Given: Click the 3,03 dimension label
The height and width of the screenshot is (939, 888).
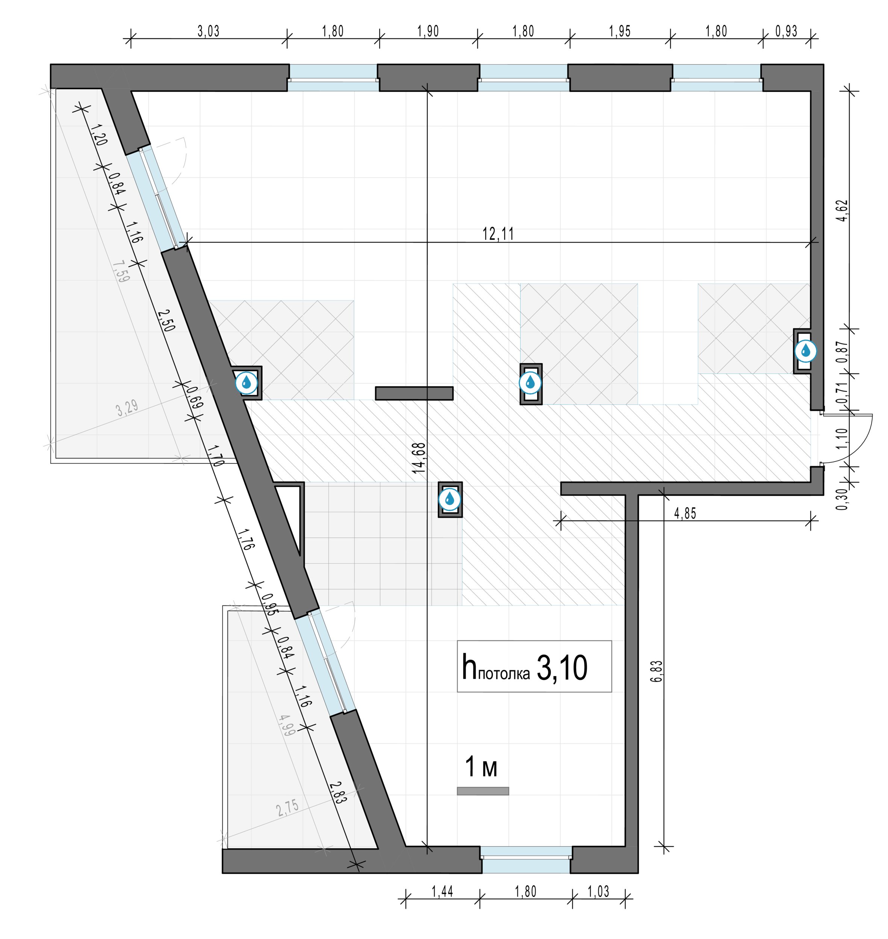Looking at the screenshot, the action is [208, 31].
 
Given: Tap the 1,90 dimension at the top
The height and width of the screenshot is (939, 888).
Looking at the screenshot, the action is [428, 31].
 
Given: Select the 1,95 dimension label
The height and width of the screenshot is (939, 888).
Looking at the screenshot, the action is [620, 31].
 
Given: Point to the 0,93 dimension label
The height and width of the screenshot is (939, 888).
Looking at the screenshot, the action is [786, 31].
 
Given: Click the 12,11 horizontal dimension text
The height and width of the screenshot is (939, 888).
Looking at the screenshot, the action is [498, 233].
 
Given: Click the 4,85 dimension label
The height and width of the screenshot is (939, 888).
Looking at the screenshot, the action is [685, 513].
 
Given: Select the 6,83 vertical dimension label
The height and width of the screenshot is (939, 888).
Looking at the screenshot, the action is [657, 671].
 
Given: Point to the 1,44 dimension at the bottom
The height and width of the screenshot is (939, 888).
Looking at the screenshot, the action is [442, 892].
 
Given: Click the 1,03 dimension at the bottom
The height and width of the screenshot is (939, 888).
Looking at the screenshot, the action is [598, 892].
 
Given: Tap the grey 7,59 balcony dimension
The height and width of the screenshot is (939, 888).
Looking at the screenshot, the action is [121, 272].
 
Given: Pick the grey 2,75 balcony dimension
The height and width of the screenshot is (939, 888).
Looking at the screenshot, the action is [288, 808].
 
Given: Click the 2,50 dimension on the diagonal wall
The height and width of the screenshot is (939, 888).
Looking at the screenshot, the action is [166, 320].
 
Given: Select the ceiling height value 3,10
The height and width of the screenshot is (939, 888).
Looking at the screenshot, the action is [562, 668].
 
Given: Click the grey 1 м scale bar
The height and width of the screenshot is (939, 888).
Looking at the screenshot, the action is [483, 791].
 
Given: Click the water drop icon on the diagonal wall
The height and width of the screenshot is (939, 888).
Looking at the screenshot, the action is [247, 382].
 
